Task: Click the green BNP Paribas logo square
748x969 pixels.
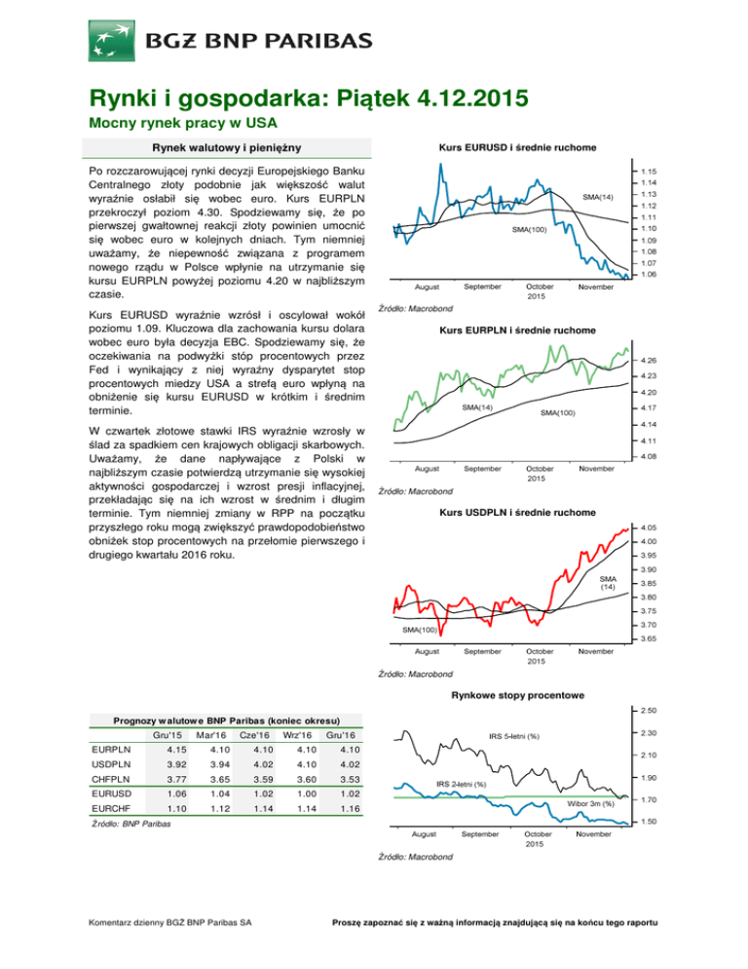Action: [112, 41]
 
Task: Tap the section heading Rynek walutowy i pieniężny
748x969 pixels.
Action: [227, 148]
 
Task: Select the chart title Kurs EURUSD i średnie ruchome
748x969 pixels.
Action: [517, 148]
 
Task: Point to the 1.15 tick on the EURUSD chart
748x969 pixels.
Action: [649, 172]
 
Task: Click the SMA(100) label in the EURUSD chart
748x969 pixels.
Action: [529, 230]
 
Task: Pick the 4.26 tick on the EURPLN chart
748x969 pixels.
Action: [649, 361]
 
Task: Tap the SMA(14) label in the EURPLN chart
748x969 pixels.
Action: [477, 407]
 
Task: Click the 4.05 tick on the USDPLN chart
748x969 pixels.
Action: [649, 527]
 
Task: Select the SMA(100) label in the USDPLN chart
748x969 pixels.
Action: [420, 630]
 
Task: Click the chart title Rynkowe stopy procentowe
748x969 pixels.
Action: [517, 695]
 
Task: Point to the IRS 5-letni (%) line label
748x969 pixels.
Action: [514, 736]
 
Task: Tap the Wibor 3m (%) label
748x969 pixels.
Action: [590, 804]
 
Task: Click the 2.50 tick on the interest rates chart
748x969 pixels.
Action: [649, 711]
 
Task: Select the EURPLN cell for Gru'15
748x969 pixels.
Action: [176, 750]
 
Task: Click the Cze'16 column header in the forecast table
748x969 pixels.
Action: [254, 735]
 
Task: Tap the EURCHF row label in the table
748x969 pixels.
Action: [111, 808]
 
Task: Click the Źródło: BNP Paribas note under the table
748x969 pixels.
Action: [131, 824]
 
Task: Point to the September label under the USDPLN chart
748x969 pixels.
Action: [482, 651]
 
